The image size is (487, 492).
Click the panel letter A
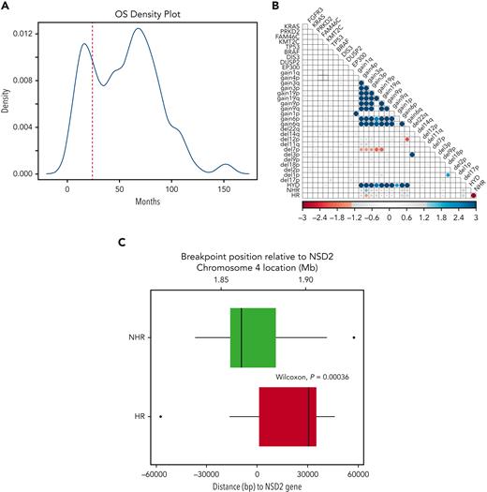click(7, 7)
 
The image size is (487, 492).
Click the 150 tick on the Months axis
click(224, 188)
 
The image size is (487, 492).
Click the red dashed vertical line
click(92, 103)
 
